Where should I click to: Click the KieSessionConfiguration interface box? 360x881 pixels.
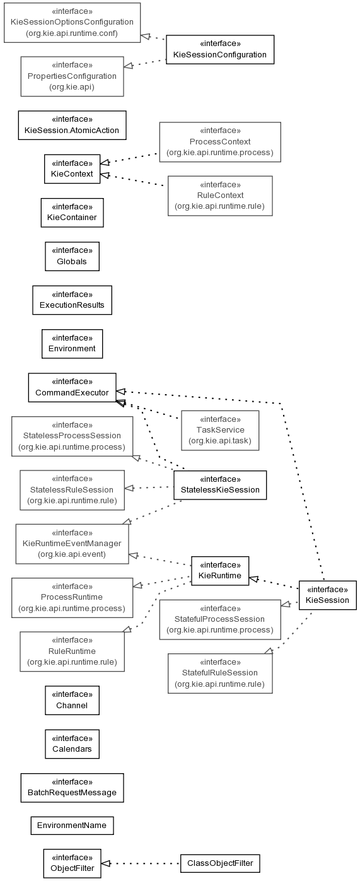(220, 50)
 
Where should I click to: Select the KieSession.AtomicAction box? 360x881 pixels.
(73, 125)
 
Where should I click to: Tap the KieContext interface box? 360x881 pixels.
(73, 169)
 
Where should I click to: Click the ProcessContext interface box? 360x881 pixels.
(220, 142)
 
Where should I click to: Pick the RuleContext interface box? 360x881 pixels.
(220, 196)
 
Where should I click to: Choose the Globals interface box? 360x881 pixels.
(73, 257)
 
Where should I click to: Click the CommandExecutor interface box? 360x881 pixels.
(73, 387)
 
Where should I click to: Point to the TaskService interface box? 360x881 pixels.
(220, 430)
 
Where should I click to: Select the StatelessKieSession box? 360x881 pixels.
(220, 485)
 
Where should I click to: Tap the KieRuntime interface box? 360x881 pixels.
(220, 571)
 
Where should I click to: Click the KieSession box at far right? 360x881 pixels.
(328, 595)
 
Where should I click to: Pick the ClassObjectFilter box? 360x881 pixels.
(220, 863)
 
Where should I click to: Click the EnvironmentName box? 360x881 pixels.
(73, 826)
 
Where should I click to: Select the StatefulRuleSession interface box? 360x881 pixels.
(220, 674)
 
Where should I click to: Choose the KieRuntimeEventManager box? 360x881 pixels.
(73, 544)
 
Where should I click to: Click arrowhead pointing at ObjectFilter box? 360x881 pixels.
(105, 864)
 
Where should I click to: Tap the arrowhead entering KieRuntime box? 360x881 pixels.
(254, 579)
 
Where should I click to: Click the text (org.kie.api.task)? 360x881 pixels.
(220, 441)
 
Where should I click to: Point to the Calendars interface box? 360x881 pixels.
(73, 744)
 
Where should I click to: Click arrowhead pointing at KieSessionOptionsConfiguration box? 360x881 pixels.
(146, 37)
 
